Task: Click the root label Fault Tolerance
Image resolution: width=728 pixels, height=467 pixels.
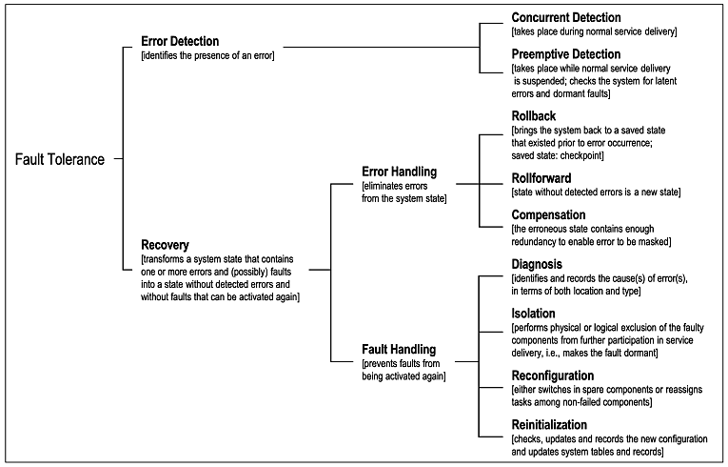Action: click(60, 159)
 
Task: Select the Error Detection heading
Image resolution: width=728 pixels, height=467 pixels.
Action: click(180, 41)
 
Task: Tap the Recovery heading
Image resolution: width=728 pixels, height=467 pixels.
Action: click(165, 245)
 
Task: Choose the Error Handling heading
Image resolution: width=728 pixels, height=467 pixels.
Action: click(400, 173)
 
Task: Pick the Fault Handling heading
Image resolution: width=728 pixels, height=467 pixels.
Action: click(399, 350)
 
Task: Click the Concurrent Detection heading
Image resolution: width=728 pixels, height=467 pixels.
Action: click(566, 18)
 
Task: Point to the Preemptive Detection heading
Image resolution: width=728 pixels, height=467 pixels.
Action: click(566, 54)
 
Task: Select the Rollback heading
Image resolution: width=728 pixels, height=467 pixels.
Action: click(534, 116)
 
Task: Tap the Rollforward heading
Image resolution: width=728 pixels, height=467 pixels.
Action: click(541, 178)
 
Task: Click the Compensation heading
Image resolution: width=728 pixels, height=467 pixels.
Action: click(548, 214)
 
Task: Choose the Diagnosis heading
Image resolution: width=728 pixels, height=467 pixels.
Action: click(537, 264)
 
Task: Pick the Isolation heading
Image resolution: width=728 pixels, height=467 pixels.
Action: click(534, 314)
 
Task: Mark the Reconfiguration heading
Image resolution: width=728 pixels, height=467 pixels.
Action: click(553, 376)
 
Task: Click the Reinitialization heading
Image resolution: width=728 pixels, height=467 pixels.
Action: click(549, 425)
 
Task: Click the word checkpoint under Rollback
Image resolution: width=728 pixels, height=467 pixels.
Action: click(581, 155)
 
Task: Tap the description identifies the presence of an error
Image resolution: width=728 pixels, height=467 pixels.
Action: click(207, 56)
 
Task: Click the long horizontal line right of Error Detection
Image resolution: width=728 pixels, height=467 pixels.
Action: click(382, 47)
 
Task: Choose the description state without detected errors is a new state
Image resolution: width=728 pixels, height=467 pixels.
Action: click(596, 193)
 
